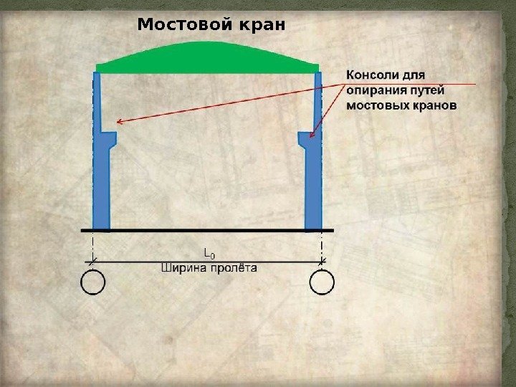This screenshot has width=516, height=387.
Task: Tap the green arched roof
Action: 207,57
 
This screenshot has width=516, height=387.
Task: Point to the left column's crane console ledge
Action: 110,136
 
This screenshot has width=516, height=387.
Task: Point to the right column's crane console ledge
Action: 305,136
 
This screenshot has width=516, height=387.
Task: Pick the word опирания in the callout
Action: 375,90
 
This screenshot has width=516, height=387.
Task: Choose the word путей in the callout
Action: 427,90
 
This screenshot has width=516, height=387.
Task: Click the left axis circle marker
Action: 92,283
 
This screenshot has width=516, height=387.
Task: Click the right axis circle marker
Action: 322,283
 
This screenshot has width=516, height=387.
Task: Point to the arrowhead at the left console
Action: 120,123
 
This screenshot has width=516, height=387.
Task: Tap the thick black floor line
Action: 207,230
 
